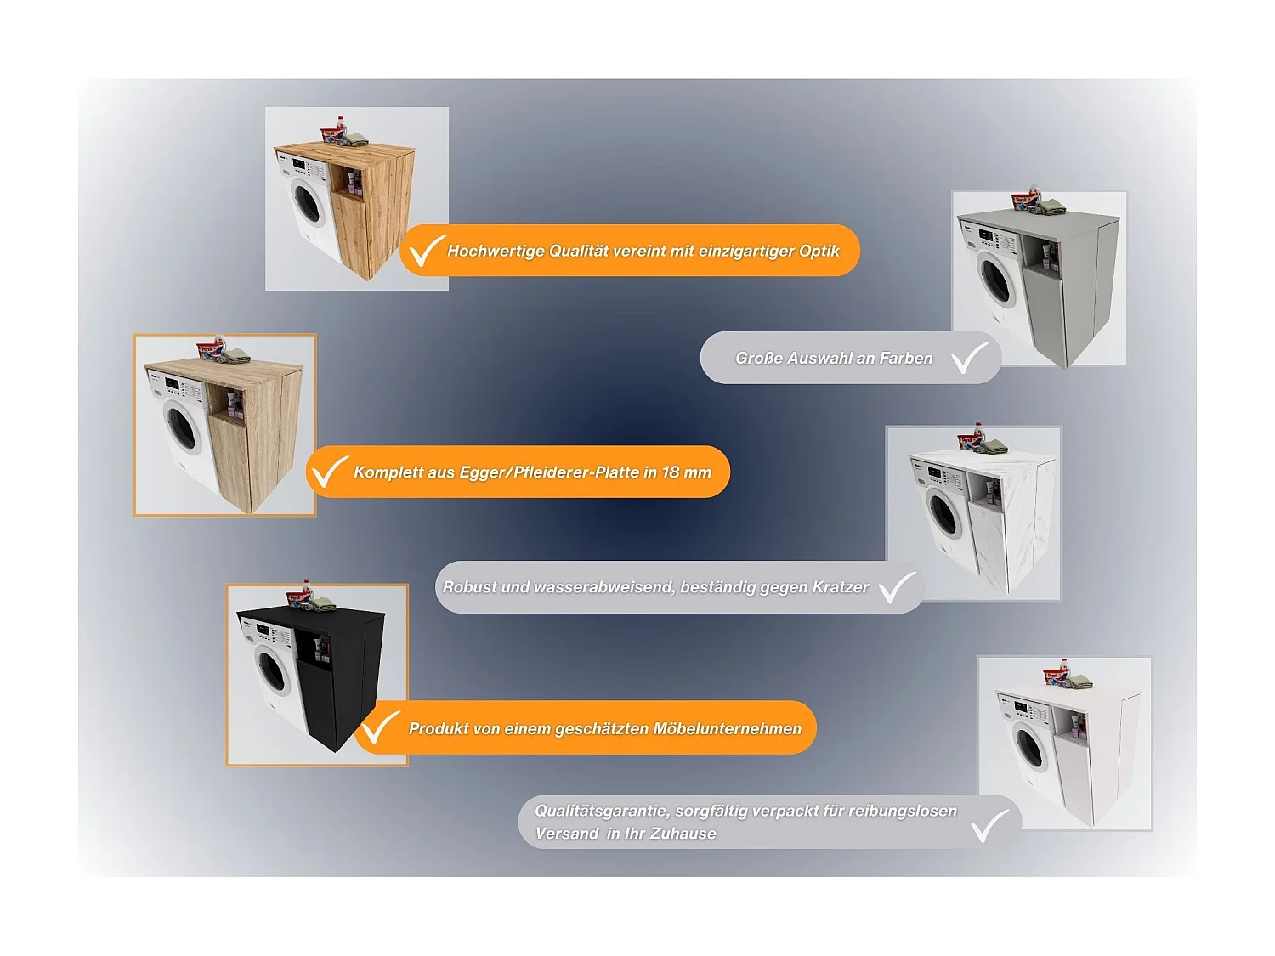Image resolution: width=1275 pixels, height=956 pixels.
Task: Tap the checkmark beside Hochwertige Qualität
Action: point(426,250)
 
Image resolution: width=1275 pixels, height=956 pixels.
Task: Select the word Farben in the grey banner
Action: point(906,359)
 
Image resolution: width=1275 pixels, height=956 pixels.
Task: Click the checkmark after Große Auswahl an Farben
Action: point(969,358)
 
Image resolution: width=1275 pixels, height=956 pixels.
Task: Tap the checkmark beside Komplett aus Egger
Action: point(328,472)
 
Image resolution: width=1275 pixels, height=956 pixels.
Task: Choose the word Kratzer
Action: point(840,587)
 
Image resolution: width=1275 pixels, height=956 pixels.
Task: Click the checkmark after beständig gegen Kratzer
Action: point(897,587)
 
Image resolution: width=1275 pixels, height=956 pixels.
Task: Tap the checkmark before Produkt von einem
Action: point(379,727)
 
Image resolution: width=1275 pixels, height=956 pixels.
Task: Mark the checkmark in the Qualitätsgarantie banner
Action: point(989,825)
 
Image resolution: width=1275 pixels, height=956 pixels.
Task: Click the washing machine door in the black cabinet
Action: point(272,670)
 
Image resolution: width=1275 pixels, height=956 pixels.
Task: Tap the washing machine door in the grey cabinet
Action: point(996,280)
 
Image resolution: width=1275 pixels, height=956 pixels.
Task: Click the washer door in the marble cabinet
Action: point(943,514)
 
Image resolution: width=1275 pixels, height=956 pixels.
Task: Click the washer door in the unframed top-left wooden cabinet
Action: point(307,202)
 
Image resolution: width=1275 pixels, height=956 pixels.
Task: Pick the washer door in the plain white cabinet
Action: point(1030,748)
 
